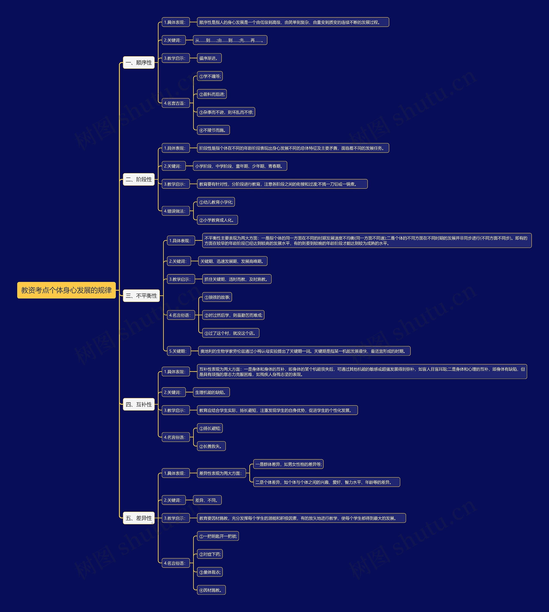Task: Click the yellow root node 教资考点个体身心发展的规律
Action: [x=66, y=290]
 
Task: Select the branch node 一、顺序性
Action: [x=139, y=62]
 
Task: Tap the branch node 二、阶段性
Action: [x=139, y=179]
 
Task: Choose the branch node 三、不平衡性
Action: [x=141, y=296]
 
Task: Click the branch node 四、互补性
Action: [x=139, y=404]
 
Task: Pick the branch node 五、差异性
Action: [x=139, y=518]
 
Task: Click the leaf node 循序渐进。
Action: [x=209, y=58]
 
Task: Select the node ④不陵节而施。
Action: [x=213, y=130]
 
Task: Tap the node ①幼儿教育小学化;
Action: [x=216, y=202]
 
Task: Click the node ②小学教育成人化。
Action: [x=217, y=220]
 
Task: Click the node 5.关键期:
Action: [x=179, y=351]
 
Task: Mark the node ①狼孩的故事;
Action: [x=217, y=297]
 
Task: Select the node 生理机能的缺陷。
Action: [x=211, y=392]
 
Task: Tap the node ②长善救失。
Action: [x=211, y=446]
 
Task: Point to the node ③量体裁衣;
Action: [x=210, y=572]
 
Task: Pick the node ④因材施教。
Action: [x=211, y=590]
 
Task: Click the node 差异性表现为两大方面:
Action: [x=221, y=473]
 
